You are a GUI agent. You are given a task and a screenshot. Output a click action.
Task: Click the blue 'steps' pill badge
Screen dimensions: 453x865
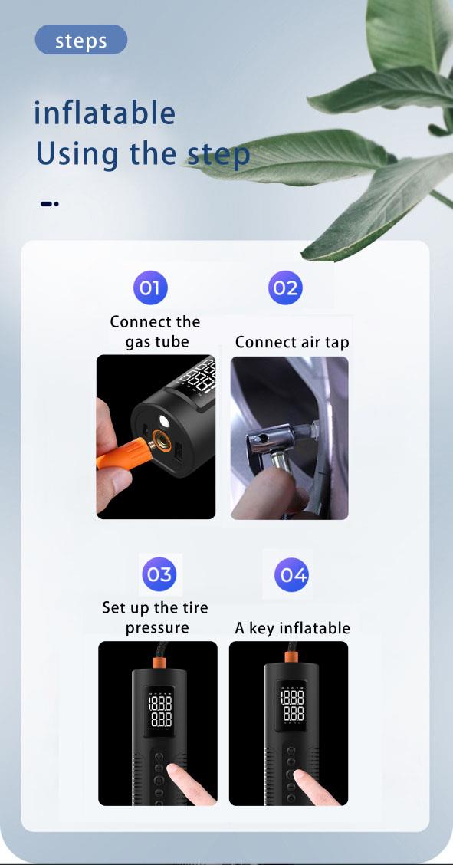point(81,40)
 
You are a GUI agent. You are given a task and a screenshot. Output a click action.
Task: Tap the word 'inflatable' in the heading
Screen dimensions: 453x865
point(105,113)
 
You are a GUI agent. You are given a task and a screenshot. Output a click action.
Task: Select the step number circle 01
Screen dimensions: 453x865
point(150,288)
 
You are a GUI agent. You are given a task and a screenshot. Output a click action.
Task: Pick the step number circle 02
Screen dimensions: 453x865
point(285,288)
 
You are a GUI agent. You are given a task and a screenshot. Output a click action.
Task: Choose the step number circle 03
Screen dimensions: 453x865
point(159,574)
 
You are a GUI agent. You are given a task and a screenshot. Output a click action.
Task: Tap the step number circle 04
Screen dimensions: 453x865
point(291,575)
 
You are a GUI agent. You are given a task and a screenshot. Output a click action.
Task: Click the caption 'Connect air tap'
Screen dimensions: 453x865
point(292,343)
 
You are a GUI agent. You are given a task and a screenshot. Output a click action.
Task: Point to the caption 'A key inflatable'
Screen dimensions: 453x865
point(293,628)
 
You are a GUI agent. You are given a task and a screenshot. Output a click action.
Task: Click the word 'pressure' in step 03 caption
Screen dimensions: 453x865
point(156,628)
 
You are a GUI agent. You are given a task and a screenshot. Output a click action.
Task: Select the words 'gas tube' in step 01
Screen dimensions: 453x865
point(156,342)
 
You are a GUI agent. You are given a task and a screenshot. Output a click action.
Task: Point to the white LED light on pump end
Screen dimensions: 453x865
point(164,422)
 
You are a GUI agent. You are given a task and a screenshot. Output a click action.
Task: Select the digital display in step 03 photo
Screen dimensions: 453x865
point(160,712)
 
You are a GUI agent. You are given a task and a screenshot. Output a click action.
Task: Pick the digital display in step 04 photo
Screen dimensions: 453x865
point(293,705)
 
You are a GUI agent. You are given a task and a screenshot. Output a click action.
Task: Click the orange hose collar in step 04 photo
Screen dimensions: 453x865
point(291,657)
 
